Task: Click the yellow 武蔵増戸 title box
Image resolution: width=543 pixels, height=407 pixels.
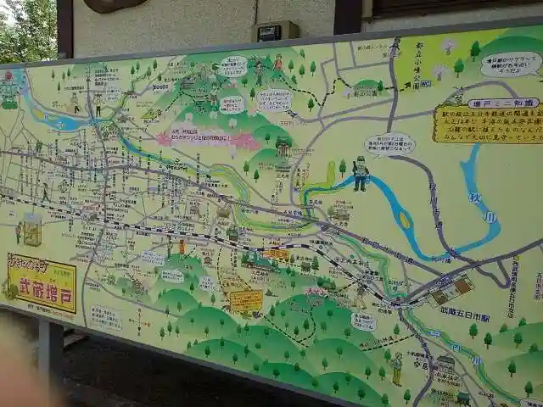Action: coord(42,282)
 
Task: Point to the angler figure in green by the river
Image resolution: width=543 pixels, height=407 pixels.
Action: coord(361,173)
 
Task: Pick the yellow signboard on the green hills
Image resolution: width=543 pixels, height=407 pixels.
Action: coord(246,300)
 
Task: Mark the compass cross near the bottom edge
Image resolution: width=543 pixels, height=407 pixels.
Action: coord(141,321)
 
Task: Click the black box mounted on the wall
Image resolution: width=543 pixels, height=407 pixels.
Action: coord(278,32)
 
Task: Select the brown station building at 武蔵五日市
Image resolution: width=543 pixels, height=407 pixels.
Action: coord(450,291)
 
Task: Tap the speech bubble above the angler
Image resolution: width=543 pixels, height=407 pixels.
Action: coord(389,143)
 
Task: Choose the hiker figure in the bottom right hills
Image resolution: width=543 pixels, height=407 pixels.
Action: coord(396,368)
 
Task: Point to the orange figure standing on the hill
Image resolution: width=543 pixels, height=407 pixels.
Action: coord(277,63)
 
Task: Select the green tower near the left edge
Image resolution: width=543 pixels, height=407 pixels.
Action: coord(31,228)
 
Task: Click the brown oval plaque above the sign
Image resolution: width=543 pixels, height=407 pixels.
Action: coord(114,5)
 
